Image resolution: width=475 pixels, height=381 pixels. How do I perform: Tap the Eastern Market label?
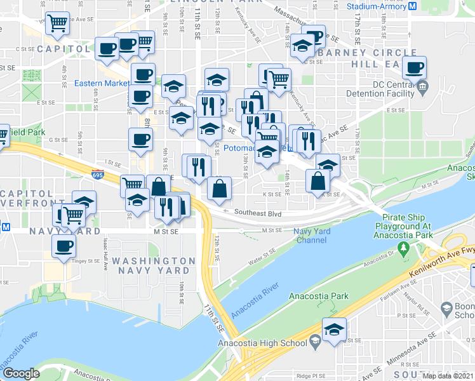(x=102, y=83)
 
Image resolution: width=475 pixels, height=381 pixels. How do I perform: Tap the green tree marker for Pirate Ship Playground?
(x=402, y=246)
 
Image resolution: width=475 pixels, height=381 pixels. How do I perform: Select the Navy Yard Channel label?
(x=311, y=236)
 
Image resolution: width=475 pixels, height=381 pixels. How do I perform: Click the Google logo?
(x=21, y=373)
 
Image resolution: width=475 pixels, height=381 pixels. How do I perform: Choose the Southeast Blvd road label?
(x=257, y=213)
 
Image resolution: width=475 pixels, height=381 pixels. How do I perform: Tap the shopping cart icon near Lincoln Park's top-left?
(x=58, y=23)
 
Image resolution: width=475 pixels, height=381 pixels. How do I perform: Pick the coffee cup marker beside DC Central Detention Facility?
(x=414, y=67)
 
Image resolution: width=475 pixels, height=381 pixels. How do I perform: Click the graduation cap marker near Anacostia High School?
(x=333, y=329)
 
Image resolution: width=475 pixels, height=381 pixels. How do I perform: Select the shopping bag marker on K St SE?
(x=318, y=181)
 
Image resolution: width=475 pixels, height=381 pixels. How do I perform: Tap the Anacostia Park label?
(x=319, y=296)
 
